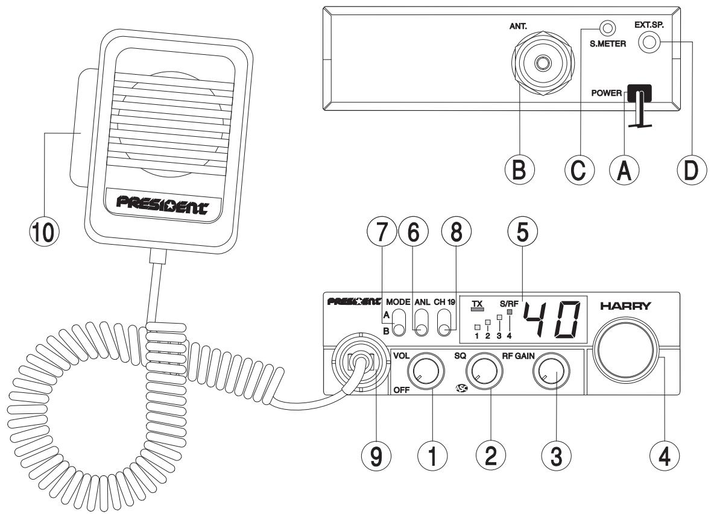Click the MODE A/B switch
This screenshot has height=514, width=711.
pyautogui.click(x=399, y=323)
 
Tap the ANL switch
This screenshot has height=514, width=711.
pyautogui.click(x=422, y=323)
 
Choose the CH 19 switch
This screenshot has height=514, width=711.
pyautogui.click(x=445, y=323)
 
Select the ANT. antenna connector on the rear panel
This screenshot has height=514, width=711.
pyautogui.click(x=541, y=61)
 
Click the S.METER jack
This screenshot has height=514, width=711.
pyautogui.click(x=608, y=28)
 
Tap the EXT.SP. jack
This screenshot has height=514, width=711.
pyautogui.click(x=649, y=43)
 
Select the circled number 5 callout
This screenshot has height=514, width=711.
pyautogui.click(x=523, y=231)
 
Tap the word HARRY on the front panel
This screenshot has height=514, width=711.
pyautogui.click(x=625, y=306)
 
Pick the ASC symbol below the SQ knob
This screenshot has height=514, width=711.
pyautogui.click(x=461, y=388)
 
